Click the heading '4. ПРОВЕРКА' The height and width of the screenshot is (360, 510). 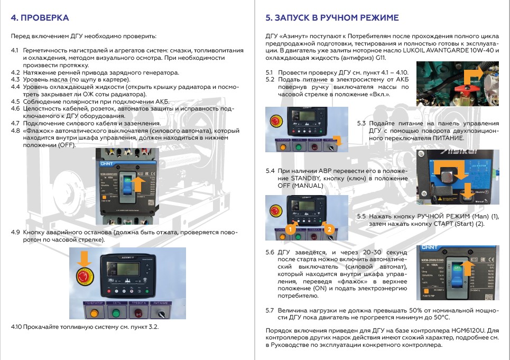40,18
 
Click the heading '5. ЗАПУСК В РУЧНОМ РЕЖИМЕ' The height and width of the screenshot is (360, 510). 332,18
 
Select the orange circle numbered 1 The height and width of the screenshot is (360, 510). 290,229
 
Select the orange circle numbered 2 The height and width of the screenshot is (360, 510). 329,229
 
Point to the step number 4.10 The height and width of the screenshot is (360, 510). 16,327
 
